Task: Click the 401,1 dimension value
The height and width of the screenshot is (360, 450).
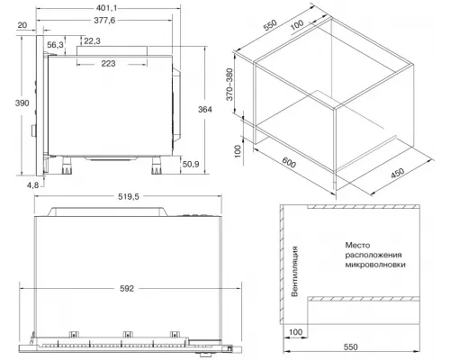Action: (107, 8)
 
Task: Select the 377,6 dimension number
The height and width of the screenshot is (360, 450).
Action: (104, 21)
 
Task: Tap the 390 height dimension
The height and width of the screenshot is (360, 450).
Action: (22, 103)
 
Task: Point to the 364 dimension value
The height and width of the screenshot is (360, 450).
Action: (205, 110)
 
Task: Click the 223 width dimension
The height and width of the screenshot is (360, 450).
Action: (108, 64)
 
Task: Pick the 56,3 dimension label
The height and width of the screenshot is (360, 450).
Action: (55, 45)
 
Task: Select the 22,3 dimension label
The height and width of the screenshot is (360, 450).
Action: (92, 41)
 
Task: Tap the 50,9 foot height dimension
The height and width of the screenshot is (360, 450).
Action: (191, 164)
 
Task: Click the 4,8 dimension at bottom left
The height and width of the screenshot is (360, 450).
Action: (33, 185)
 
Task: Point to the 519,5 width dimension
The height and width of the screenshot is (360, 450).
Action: (129, 196)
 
